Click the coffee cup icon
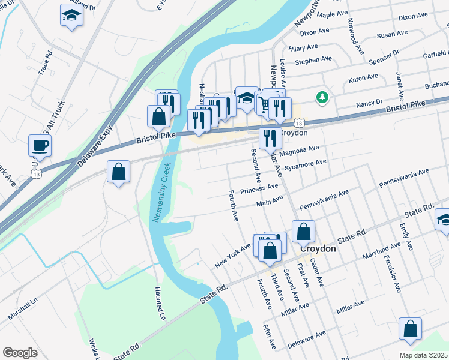40,145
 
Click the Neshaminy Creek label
161,192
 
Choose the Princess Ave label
259,190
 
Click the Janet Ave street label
399,86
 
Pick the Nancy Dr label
370,102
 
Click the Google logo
20,353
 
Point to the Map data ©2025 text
423,355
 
